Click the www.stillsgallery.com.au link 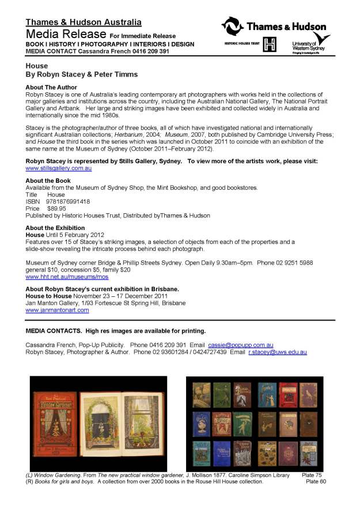pos(59,168)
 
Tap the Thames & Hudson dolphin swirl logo pos(233,27)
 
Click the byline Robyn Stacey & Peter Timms pos(81,75)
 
